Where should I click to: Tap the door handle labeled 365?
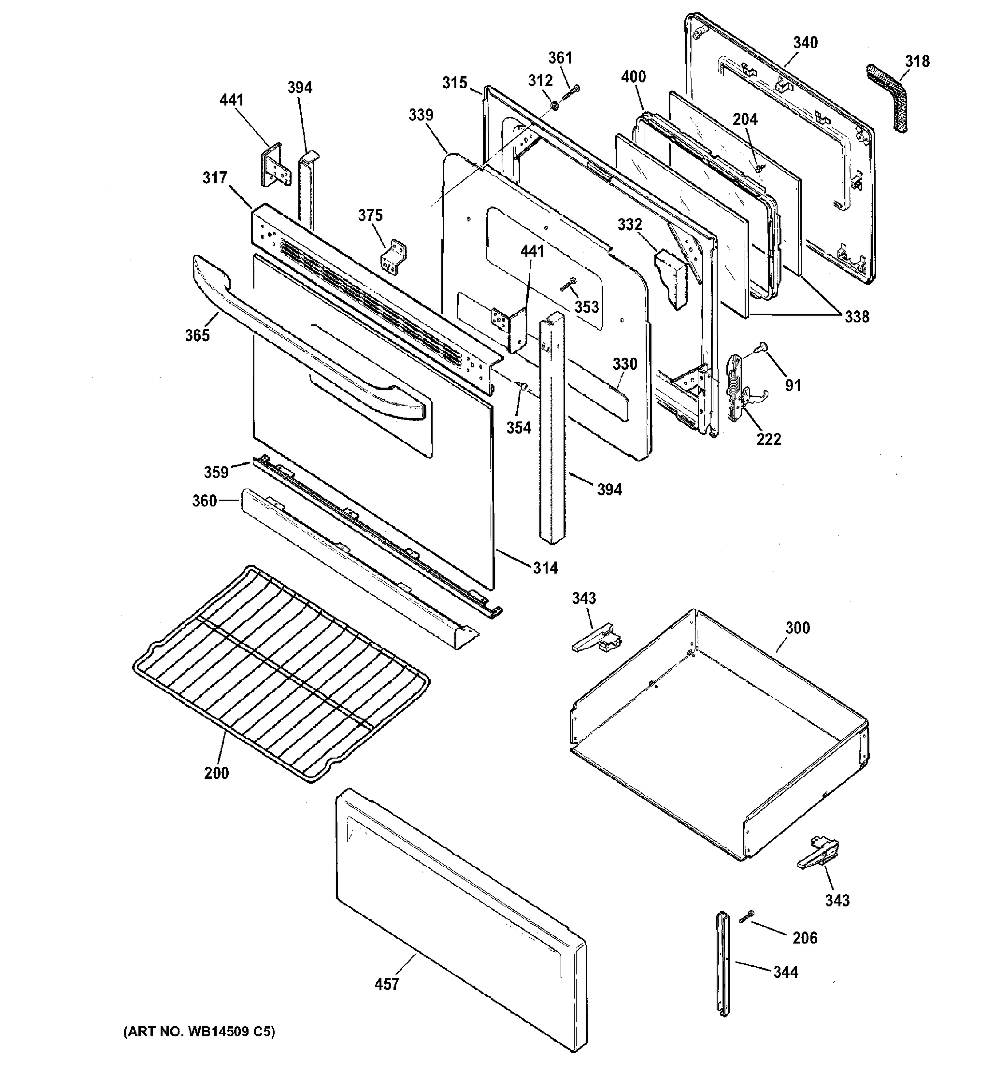click(300, 344)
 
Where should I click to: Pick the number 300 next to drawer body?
click(797, 628)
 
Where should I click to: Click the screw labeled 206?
click(747, 916)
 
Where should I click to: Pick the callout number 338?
click(856, 317)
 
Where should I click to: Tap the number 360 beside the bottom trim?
click(204, 501)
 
